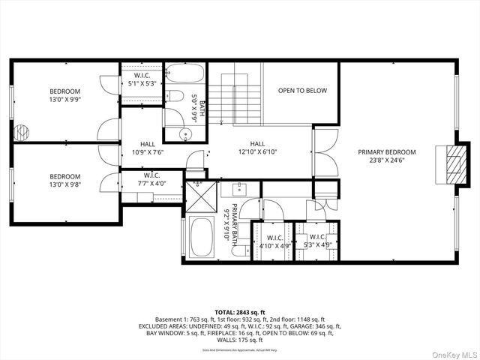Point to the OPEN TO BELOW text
pyautogui.click(x=302, y=91)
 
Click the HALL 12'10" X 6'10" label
pyautogui.click(x=256, y=148)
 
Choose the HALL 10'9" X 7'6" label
pyautogui.click(x=147, y=148)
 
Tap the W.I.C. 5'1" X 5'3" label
pyautogui.click(x=142, y=79)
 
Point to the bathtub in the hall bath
pyautogui.click(x=184, y=74)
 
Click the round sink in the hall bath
pyautogui.click(x=187, y=133)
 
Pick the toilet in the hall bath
pyautogui.click(x=175, y=96)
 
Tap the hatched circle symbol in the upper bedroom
pyautogui.click(x=22, y=132)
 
